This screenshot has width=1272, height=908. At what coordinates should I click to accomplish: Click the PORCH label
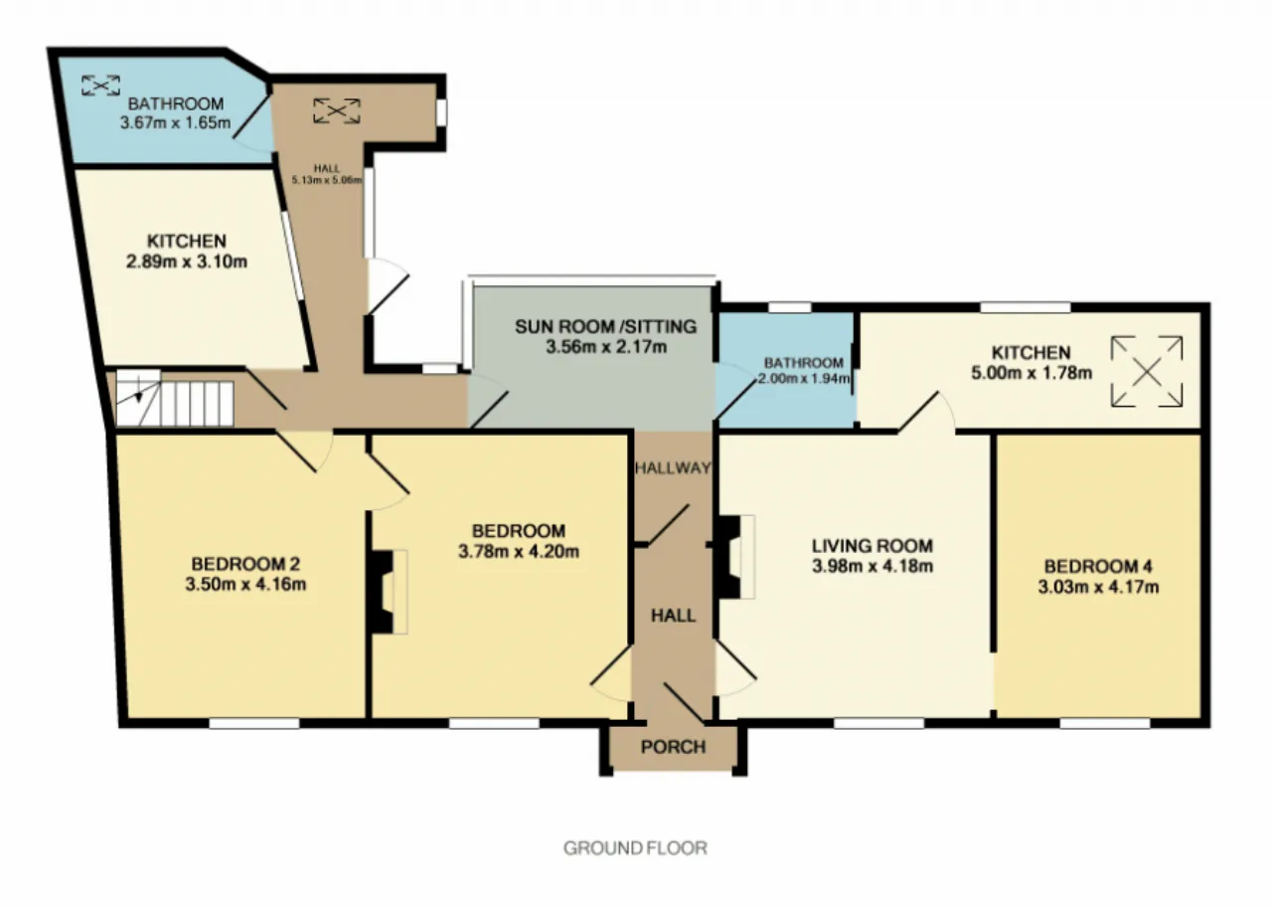point(673,747)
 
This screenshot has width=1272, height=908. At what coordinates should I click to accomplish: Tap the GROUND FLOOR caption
point(635,848)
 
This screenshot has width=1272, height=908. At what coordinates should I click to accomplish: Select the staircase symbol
point(175,397)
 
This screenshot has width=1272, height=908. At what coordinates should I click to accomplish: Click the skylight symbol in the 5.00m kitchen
point(1147,372)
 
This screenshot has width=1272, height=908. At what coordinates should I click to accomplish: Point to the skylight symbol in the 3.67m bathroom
point(100,86)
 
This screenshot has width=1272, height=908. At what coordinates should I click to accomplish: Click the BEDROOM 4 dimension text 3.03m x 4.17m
point(1098,587)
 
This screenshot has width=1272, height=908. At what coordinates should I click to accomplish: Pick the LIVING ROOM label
point(873,546)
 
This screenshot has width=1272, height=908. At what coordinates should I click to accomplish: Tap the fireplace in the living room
point(735,557)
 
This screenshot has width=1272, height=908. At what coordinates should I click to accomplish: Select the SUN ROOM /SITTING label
point(606,327)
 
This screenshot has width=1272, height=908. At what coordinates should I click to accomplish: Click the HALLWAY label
point(673,467)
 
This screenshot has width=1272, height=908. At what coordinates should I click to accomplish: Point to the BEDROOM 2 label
point(245,564)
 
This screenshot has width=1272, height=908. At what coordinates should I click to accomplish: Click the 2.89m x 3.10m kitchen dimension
point(186,262)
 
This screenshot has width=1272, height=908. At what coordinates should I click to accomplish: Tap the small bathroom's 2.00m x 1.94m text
point(804,379)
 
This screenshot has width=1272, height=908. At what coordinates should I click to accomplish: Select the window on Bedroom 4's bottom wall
point(1105,723)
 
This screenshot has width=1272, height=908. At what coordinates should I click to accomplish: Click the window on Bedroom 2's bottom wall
point(253,723)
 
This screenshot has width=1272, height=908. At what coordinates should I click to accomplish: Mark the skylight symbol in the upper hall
point(337,110)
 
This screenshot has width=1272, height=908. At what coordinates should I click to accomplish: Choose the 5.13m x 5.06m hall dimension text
point(327,180)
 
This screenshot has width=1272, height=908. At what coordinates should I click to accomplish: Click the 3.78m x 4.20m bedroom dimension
point(519,552)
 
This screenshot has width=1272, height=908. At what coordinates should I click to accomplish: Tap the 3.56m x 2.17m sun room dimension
point(606,347)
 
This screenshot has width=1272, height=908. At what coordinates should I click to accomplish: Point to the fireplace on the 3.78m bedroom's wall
point(389,592)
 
